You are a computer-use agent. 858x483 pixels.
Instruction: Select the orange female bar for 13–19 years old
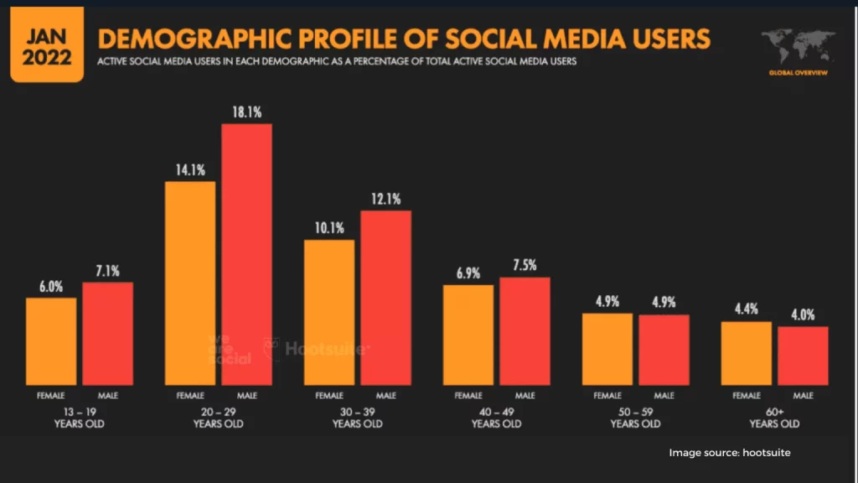click(51, 340)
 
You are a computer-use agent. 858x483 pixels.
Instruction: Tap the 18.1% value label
click(246, 112)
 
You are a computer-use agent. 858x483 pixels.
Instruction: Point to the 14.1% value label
click(190, 169)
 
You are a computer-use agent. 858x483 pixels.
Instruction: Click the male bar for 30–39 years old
click(385, 297)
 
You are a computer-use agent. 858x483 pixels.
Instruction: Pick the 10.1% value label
click(329, 228)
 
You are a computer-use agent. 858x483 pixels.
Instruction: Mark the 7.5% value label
click(525, 265)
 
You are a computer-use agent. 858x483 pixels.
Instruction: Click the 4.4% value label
click(747, 309)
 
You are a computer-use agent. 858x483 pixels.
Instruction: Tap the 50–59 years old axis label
click(635, 418)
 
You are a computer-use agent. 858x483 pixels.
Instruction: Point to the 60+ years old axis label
click(774, 418)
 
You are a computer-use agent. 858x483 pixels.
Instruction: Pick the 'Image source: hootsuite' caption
click(729, 453)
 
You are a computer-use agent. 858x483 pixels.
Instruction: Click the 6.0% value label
click(51, 285)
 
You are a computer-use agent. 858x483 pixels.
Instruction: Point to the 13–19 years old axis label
click(80, 418)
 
